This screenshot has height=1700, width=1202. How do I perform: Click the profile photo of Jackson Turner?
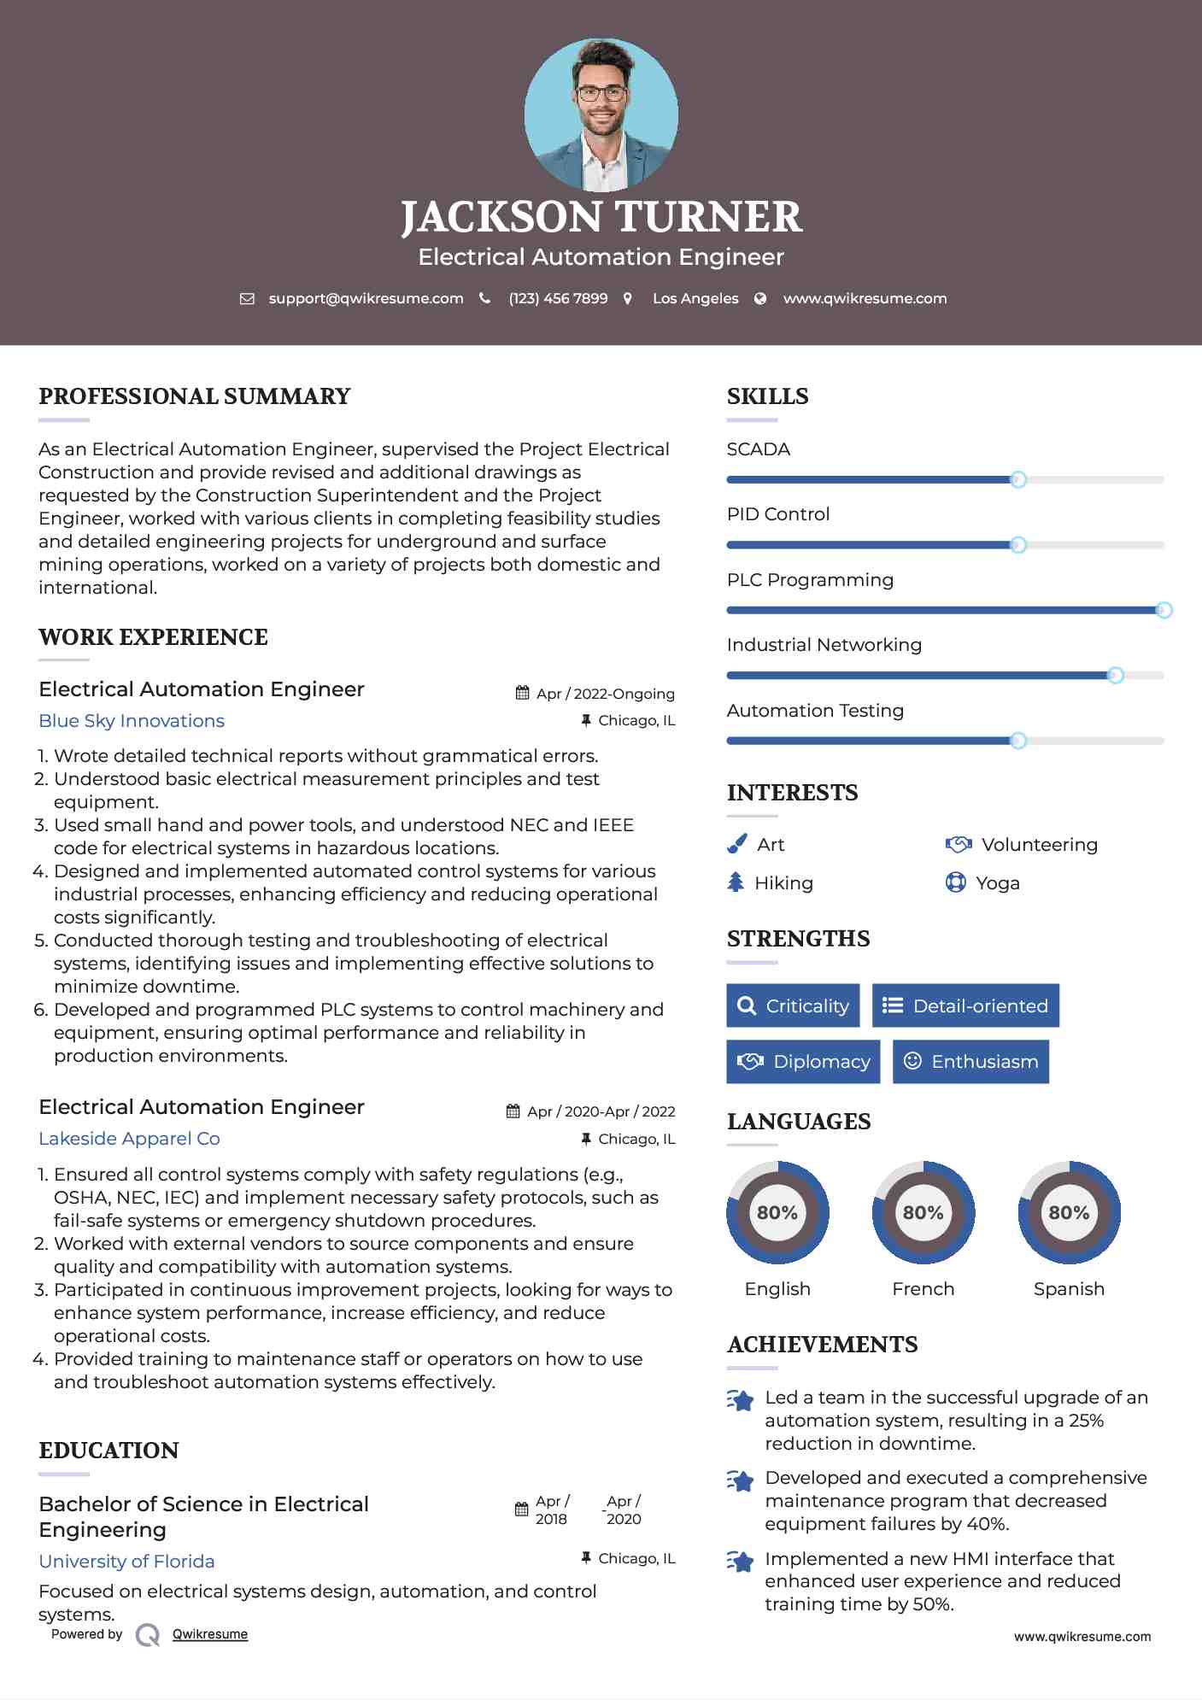(601, 114)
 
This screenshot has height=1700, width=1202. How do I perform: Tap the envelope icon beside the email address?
(247, 299)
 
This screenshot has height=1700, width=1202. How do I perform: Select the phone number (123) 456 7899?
(558, 299)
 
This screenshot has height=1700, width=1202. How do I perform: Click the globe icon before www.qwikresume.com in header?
(760, 299)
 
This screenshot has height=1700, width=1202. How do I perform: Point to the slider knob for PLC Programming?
(1164, 610)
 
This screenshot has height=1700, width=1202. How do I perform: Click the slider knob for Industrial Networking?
(1115, 676)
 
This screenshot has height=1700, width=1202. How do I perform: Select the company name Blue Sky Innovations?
(132, 721)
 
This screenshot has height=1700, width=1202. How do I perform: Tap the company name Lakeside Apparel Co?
(129, 1139)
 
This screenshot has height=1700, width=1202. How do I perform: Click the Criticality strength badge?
(793, 1005)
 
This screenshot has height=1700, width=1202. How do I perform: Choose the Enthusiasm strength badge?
(970, 1062)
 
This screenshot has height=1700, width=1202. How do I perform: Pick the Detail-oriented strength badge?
(965, 1005)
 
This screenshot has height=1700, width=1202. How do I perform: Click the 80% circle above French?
(923, 1212)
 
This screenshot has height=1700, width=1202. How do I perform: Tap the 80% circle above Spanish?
(1069, 1212)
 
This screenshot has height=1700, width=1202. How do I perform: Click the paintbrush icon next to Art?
(736, 844)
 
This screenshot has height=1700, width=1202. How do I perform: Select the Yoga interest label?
(998, 883)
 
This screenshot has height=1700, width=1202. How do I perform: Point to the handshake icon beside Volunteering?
(959, 844)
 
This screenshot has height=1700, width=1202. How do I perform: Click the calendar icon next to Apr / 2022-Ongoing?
(522, 693)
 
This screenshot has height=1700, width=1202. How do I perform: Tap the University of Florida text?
(126, 1562)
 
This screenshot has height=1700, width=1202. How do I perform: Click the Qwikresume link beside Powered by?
(210, 1634)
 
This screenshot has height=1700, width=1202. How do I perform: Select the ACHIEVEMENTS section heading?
(822, 1345)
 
